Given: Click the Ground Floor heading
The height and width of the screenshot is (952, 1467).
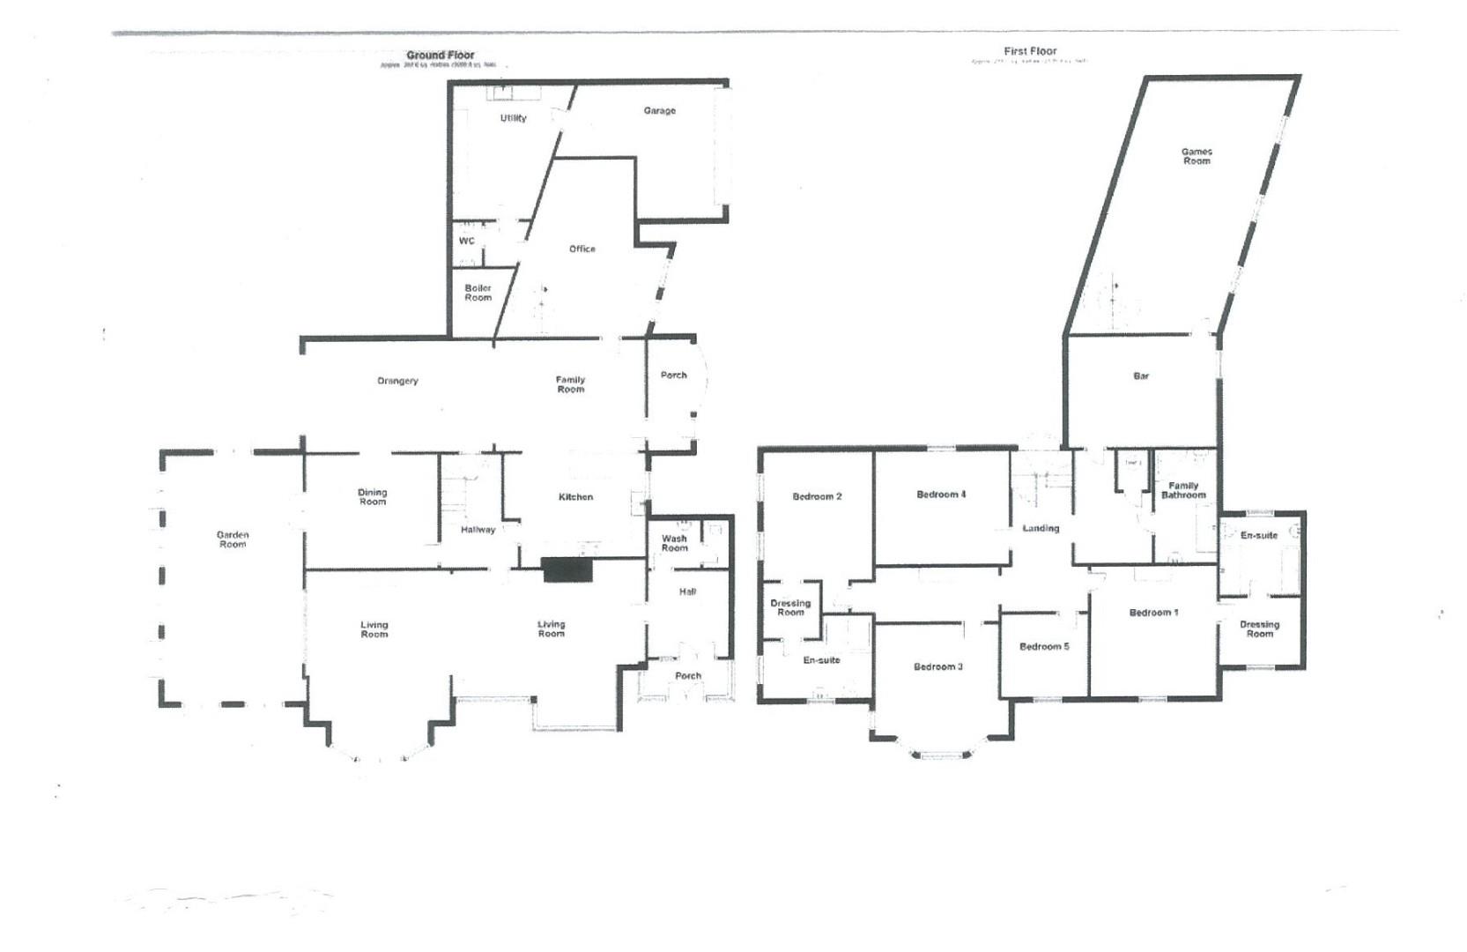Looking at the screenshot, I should coord(440,55).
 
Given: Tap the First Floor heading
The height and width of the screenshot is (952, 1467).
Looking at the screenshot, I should coord(1030,51).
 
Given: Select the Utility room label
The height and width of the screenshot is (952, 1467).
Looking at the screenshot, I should coord(513,118).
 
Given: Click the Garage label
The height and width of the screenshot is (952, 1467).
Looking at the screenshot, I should coord(659,111).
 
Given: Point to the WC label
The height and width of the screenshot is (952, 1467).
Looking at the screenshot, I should coord(466,241).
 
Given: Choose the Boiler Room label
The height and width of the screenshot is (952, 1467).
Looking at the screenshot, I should coord(478,293).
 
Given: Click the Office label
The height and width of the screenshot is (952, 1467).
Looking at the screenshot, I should coord(582,249).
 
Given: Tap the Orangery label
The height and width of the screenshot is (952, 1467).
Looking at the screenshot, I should coord(397,381).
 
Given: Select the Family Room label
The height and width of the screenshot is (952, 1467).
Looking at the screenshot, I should coord(570,384).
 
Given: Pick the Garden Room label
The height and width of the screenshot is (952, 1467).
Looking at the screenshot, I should coord(233,539).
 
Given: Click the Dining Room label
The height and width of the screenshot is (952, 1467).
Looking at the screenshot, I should coord(372,497).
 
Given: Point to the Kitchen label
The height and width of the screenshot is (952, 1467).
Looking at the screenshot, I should coord(575,497).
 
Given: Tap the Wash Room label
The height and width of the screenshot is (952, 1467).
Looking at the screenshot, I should coord(674,543).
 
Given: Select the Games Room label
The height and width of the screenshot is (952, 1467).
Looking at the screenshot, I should coord(1196,156).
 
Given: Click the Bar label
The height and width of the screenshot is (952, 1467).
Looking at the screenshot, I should coord(1141,376).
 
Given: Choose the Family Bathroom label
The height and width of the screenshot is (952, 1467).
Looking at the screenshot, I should coord(1182,490).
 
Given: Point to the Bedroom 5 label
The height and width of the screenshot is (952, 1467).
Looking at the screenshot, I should coord(1044,647).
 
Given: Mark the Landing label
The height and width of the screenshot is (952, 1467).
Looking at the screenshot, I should coord(1041,529).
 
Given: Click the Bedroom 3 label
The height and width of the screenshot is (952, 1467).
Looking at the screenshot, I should coord(937,667).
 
